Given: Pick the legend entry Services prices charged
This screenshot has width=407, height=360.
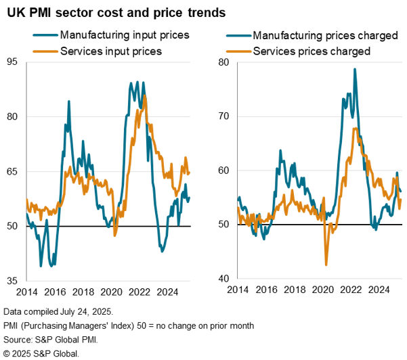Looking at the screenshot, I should (318, 50).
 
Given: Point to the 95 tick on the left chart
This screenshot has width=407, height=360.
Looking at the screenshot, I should (13, 62).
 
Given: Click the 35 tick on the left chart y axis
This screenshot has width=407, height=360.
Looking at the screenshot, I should (13, 280).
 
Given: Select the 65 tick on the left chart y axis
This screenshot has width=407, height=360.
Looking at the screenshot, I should (13, 171).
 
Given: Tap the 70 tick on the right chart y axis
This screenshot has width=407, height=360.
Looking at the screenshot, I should (225, 116).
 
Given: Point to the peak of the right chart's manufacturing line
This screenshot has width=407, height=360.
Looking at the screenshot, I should (355, 69).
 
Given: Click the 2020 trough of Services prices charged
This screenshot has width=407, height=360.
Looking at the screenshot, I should (326, 265).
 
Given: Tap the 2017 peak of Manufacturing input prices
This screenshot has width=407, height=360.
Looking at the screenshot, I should (69, 102).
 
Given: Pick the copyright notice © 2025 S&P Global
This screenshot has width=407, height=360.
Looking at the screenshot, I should (41, 353).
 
